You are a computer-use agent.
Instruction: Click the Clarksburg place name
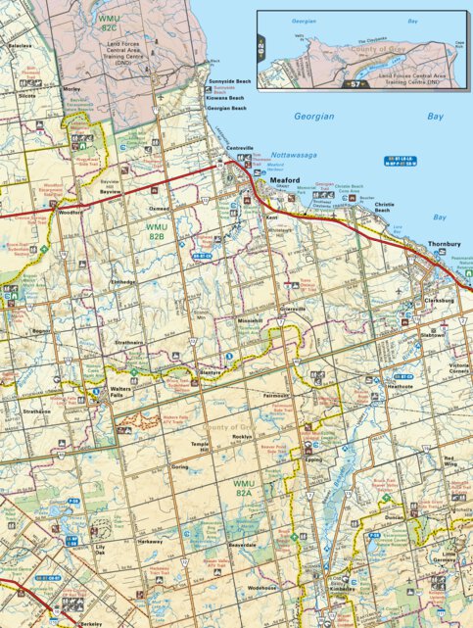[439, 301]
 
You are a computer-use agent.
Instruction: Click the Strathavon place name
[36, 411]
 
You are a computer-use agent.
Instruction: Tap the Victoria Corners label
[459, 368]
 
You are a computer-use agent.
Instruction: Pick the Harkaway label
[150, 541]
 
